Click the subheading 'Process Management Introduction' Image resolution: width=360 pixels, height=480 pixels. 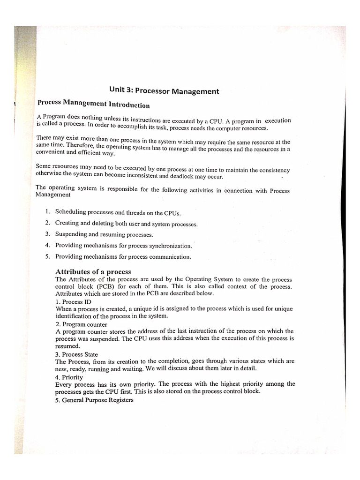(x=93, y=104)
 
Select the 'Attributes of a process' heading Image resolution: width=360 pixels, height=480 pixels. (x=93, y=272)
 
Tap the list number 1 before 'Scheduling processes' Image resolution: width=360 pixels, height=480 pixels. (x=48, y=211)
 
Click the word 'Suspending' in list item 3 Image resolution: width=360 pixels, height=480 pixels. (x=71, y=234)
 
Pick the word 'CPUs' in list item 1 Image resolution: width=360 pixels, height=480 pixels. (x=171, y=213)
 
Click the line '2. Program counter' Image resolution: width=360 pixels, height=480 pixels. (x=81, y=324)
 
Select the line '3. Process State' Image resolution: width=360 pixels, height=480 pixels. (x=76, y=354)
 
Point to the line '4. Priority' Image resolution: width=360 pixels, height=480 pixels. (x=69, y=376)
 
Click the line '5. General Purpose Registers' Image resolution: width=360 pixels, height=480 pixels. (x=94, y=399)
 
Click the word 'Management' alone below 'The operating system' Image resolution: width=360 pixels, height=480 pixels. (x=53, y=195)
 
